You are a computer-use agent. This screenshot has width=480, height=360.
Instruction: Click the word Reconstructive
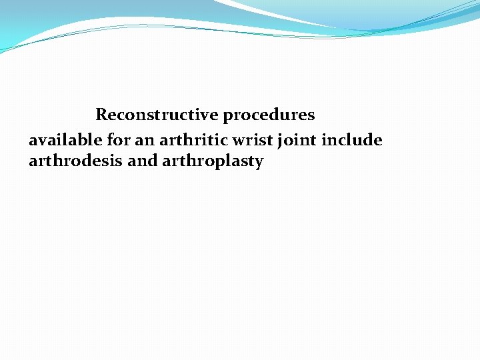coord(157,115)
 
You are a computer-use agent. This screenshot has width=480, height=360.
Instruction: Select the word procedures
coord(269,115)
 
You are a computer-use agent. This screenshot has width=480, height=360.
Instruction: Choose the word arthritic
coord(191,140)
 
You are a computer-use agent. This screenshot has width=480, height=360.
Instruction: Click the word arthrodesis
coord(75,161)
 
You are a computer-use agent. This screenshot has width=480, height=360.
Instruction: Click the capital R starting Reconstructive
coord(101,115)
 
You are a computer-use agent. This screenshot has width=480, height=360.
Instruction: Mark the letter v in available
coord(42,141)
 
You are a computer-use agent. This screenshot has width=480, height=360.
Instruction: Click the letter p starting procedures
coord(227,117)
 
